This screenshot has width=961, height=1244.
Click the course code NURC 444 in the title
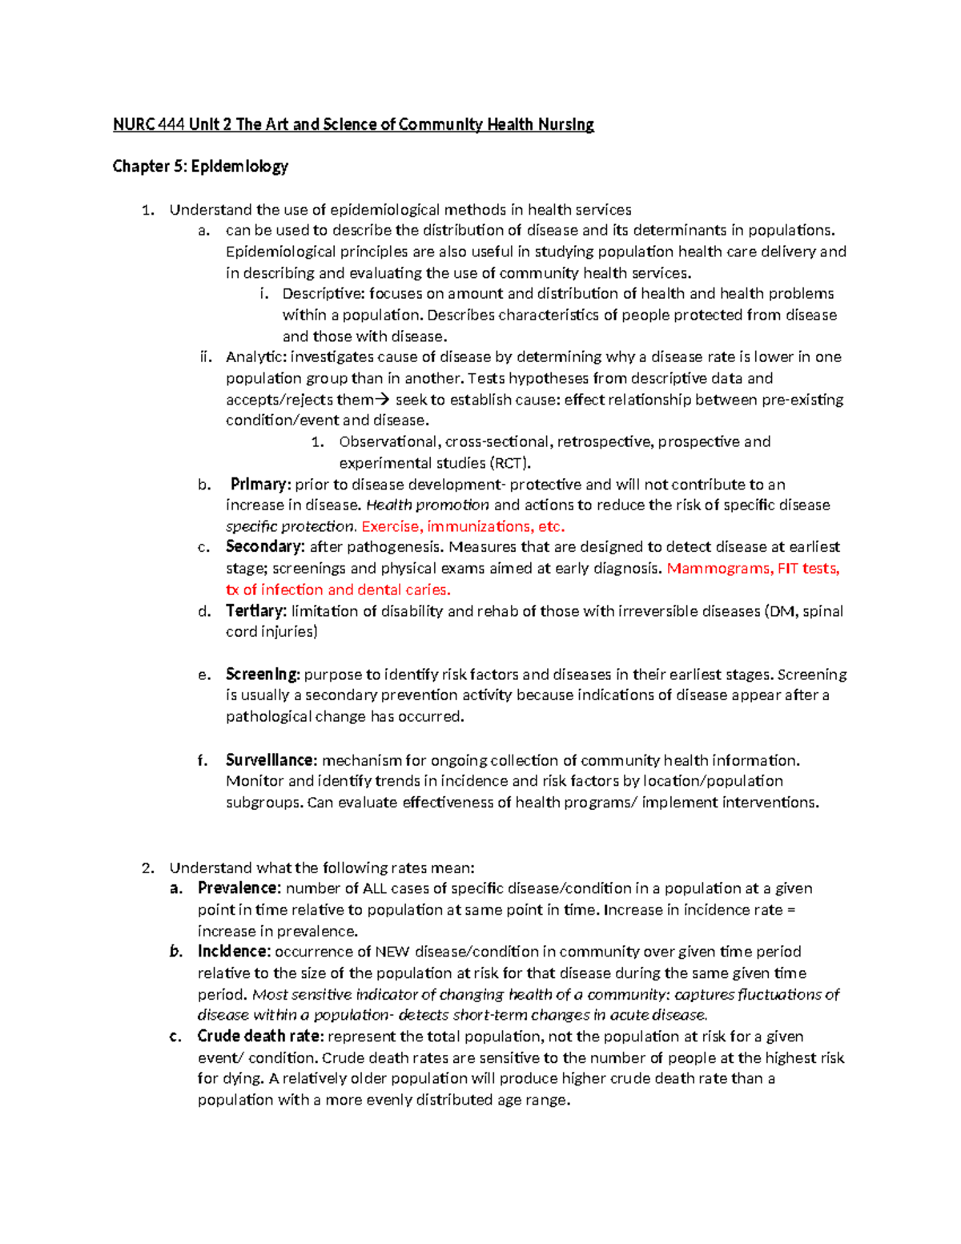click(x=149, y=124)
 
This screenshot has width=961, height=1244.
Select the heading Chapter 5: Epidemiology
click(x=200, y=167)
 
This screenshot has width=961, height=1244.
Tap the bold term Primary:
click(x=259, y=484)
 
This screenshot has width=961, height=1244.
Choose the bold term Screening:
click(x=263, y=674)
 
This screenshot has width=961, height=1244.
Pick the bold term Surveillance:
click(x=271, y=760)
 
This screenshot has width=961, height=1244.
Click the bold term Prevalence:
click(x=239, y=888)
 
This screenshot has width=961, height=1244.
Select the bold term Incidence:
click(x=235, y=952)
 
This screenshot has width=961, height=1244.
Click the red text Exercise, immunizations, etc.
click(x=463, y=526)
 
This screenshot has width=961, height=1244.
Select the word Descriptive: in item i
click(x=324, y=294)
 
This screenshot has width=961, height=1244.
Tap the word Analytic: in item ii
click(x=255, y=357)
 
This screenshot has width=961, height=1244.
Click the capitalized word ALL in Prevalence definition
click(x=375, y=888)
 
